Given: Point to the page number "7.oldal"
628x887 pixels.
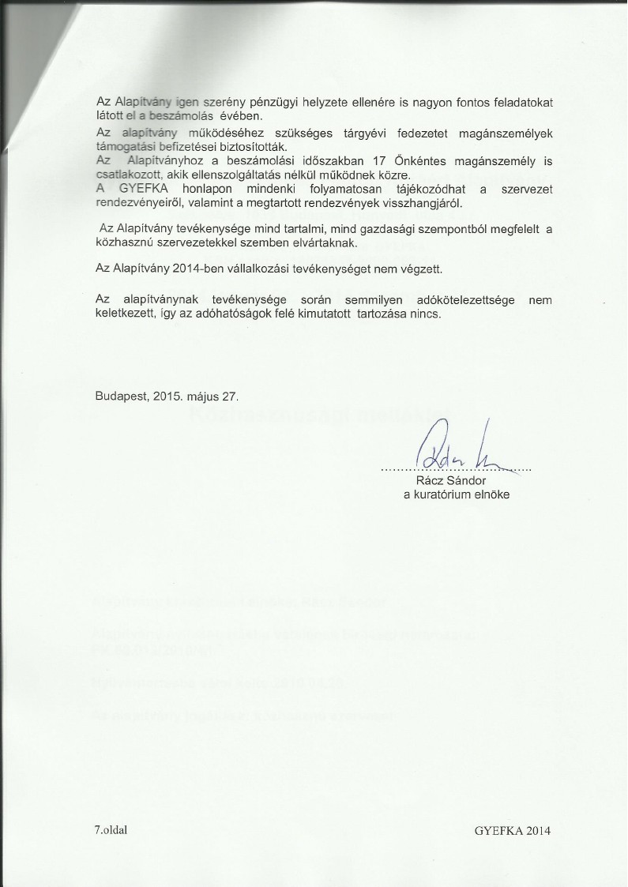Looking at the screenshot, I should point(111,830).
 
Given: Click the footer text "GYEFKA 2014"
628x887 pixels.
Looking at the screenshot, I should point(513,831).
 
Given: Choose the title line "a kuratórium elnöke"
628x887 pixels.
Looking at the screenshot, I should point(457,494).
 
